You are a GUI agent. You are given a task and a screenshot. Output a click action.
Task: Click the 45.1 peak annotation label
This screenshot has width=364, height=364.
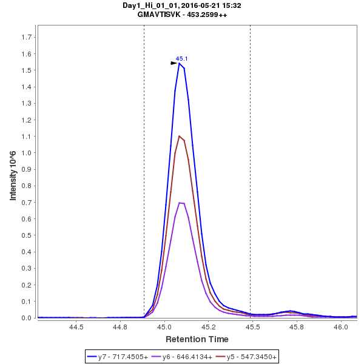(x=182, y=59)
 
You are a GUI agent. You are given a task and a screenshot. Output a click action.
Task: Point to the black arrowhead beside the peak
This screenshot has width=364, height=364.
(x=174, y=62)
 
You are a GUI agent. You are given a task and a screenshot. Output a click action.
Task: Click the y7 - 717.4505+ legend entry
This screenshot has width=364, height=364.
(x=119, y=357)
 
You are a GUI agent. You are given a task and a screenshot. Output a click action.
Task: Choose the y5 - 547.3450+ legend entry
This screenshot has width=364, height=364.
(x=248, y=357)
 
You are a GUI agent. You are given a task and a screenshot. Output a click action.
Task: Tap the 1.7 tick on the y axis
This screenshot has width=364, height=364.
(x=26, y=37)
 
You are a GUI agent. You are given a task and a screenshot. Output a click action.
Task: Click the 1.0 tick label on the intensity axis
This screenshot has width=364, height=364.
(x=26, y=153)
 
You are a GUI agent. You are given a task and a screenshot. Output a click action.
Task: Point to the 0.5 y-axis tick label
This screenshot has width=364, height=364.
(x=26, y=235)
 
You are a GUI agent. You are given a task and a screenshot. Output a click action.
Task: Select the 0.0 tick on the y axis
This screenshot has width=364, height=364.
(x=26, y=318)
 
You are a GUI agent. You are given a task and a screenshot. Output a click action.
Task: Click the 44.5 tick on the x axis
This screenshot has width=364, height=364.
(x=76, y=327)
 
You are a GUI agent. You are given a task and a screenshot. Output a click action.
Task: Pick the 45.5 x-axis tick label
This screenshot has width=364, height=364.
(x=253, y=327)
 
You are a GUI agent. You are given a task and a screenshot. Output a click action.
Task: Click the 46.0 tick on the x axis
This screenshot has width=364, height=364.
(x=342, y=327)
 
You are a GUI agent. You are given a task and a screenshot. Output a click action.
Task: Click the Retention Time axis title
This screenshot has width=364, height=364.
(x=197, y=339)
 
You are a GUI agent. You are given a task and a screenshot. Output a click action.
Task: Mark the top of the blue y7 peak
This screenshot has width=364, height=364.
(x=180, y=63)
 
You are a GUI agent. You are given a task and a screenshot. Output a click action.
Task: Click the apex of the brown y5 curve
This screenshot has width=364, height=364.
(x=180, y=136)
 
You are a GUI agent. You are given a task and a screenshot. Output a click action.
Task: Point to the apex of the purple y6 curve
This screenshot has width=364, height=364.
(x=180, y=203)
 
